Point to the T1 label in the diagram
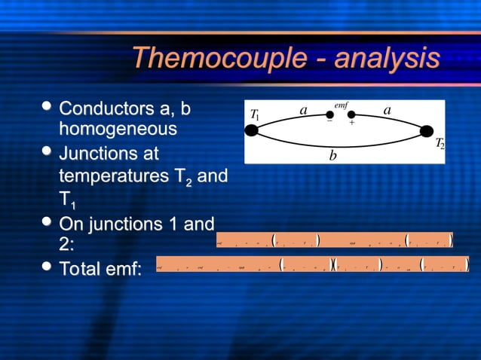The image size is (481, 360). pos(255,116)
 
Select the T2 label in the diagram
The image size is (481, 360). pos(440,143)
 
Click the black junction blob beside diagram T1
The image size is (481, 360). pos(253,131)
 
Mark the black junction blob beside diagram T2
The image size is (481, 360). pos(427,131)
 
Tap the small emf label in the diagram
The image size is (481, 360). pos(341,104)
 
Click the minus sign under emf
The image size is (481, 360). pos(329,122)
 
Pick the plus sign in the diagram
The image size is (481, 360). pos(351,123)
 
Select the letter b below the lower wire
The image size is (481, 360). pos(332,156)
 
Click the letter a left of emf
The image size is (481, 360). pos(303,111)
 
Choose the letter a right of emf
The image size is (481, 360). pos(387,111)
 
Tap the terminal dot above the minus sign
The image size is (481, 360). pos(329,114)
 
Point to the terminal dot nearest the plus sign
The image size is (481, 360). pos(351,114)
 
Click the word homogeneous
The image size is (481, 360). pos(118,129)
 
